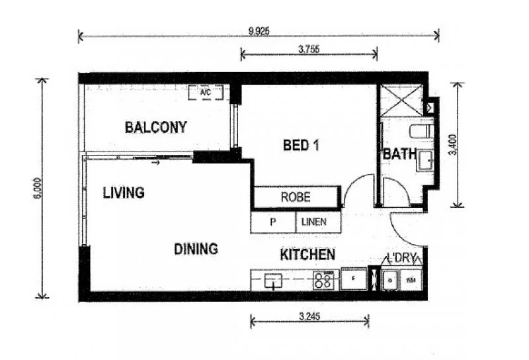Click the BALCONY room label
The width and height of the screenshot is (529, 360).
coord(155,127)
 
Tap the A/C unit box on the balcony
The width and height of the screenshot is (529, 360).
coord(205,93)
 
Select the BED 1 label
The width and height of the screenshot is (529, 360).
coord(301,145)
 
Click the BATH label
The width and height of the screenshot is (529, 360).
coord(400,154)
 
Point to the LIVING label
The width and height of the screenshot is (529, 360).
coord(124,193)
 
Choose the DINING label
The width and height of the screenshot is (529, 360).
coord(196,249)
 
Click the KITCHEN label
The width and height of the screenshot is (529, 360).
coord(307,255)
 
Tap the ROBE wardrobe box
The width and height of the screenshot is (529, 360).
coord(296,197)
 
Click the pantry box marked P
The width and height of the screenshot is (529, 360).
coord(272,222)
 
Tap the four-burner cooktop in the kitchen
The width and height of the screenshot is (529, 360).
coord(323,280)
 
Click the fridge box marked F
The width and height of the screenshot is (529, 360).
coord(353,279)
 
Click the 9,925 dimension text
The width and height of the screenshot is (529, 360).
coord(259,30)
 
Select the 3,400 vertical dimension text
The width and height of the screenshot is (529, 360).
coord(452,144)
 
